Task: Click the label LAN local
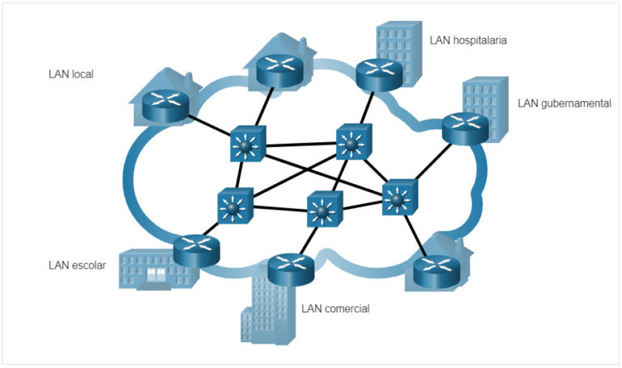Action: (x=71, y=74)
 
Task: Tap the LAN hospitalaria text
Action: (x=469, y=39)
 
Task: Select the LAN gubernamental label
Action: (x=564, y=104)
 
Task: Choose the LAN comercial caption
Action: (x=335, y=308)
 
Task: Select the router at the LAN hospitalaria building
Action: (x=380, y=74)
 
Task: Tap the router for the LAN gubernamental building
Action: (x=465, y=126)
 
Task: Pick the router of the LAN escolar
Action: (x=197, y=250)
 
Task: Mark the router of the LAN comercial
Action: (x=291, y=268)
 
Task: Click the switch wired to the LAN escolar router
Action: (x=235, y=205)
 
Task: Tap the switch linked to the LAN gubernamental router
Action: (x=398, y=195)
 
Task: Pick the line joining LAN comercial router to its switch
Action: (x=307, y=239)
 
